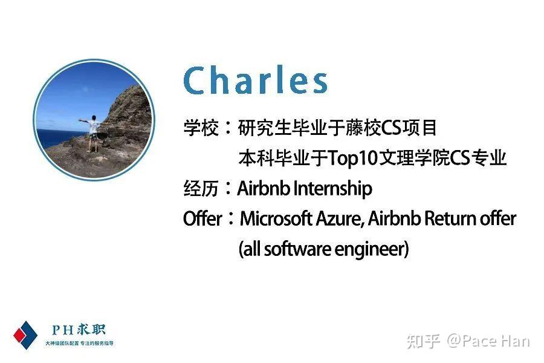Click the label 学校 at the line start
click(x=201, y=128)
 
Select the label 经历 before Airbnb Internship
click(x=201, y=189)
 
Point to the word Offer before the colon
click(x=202, y=219)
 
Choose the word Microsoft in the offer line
click(x=276, y=218)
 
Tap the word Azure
click(x=340, y=218)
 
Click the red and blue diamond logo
click(x=25, y=335)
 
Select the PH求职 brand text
click(x=79, y=330)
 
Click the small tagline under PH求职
click(x=79, y=344)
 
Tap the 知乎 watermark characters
click(x=423, y=341)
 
